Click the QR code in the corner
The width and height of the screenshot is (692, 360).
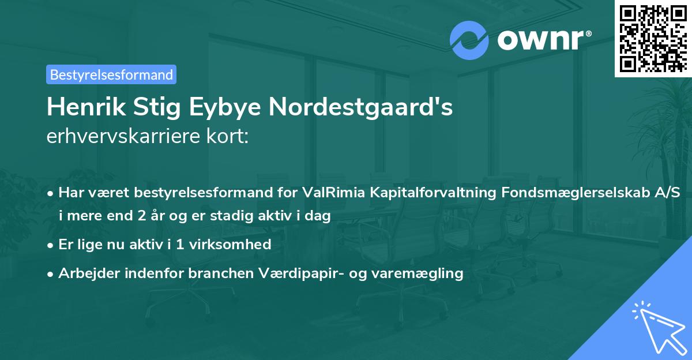coord(653,39)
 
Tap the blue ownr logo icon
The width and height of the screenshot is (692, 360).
coord(469,40)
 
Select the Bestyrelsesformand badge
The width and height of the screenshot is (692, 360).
coord(111,74)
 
